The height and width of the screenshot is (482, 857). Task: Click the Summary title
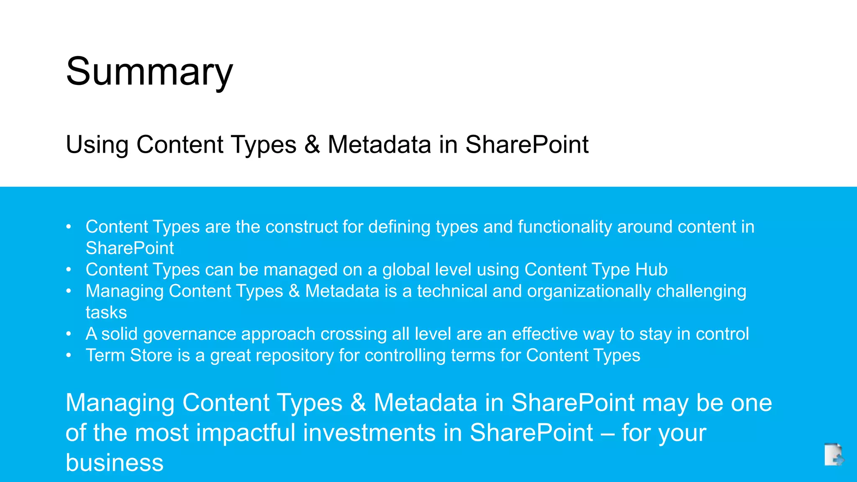(x=149, y=72)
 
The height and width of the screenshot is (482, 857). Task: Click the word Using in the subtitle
(x=97, y=145)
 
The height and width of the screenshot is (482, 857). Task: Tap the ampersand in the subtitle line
(x=312, y=145)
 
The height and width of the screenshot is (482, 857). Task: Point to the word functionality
(x=565, y=227)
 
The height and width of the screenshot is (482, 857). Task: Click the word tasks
(x=106, y=313)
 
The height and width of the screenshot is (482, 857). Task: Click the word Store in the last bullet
(x=151, y=356)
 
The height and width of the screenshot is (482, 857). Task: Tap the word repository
(x=272, y=356)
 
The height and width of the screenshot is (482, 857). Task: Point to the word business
(x=115, y=463)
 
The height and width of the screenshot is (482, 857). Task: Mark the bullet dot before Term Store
(x=69, y=356)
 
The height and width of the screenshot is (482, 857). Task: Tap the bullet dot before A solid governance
(x=69, y=334)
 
